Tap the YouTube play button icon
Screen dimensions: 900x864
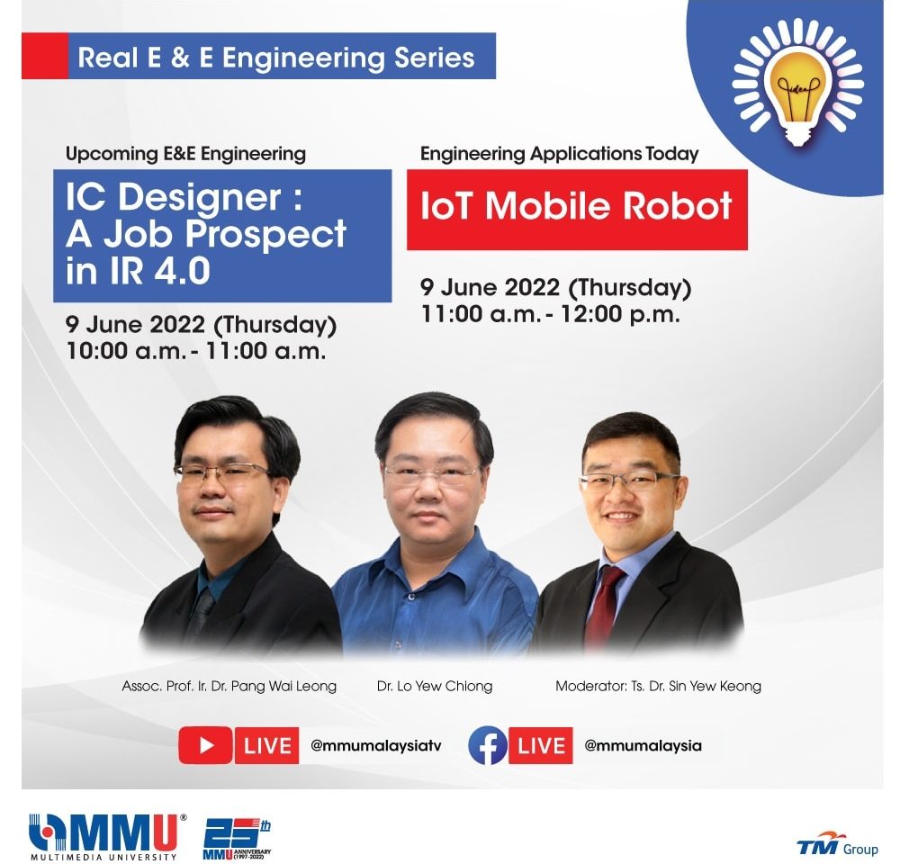[205, 745]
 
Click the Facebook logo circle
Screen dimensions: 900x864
[488, 745]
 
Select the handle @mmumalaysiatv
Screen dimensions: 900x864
[376, 746]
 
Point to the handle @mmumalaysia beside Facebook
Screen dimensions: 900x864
[643, 746]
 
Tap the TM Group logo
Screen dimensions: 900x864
[837, 844]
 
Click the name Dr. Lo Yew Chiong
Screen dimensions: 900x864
[435, 686]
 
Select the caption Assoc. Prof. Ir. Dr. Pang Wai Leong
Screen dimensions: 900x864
[229, 686]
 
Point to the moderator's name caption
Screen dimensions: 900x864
[659, 686]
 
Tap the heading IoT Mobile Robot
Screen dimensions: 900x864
[576, 205]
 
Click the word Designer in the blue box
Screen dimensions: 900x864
[200, 197]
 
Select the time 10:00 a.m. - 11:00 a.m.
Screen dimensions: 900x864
[196, 351]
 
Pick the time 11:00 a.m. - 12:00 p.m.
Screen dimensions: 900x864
[551, 314]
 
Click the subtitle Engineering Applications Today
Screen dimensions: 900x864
[560, 154]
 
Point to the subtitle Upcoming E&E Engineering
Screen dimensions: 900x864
[185, 154]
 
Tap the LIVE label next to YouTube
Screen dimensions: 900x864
[267, 745]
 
